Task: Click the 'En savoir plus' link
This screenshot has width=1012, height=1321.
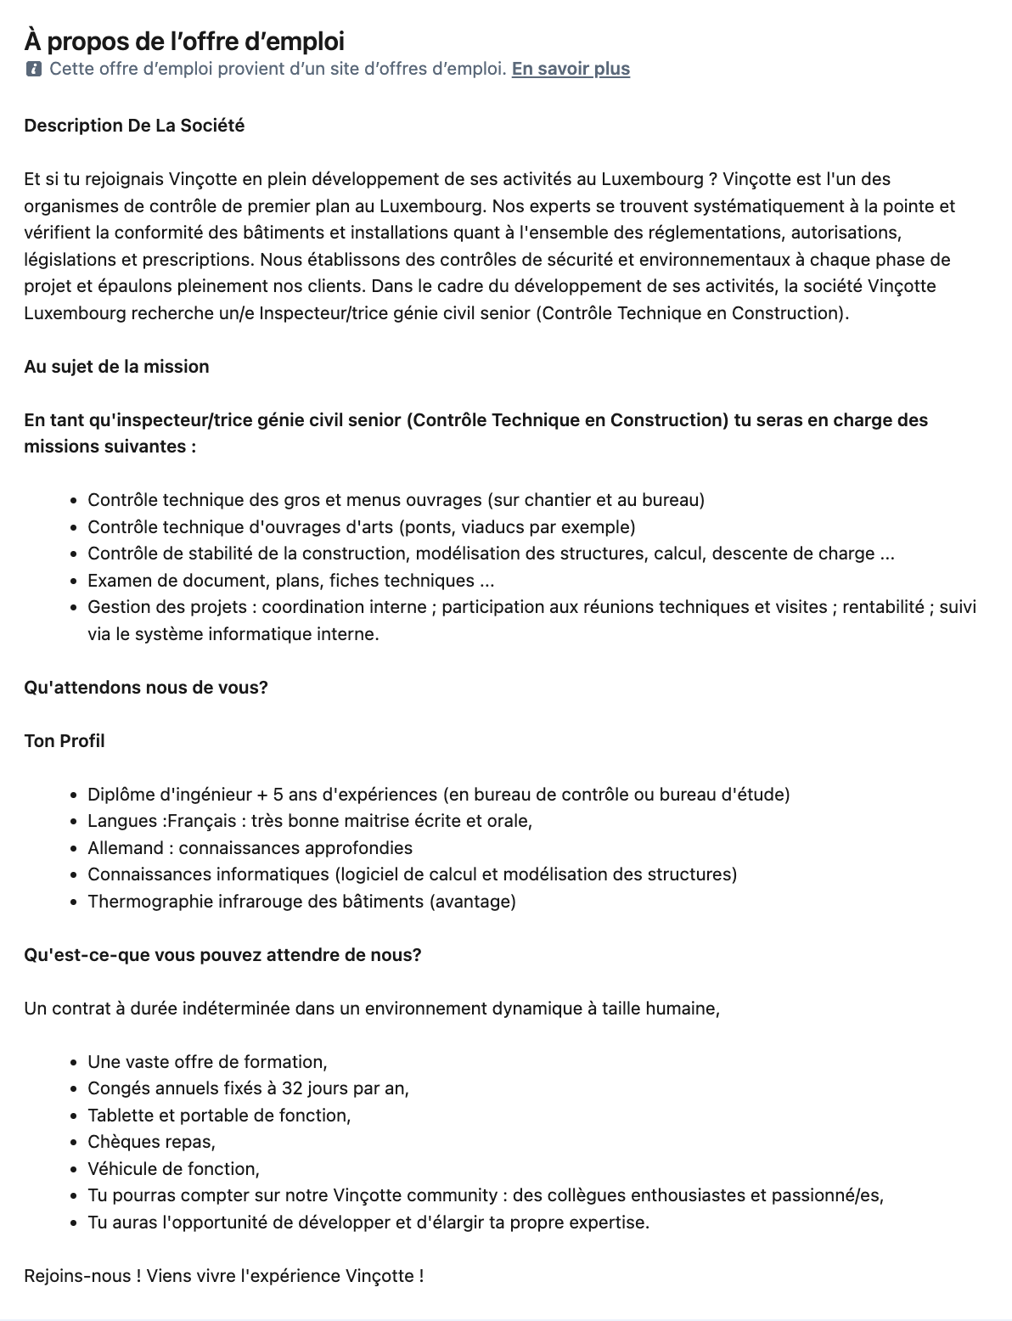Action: point(571,69)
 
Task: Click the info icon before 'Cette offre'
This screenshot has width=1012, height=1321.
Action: point(33,69)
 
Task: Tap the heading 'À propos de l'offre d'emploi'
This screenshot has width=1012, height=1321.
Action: point(184,41)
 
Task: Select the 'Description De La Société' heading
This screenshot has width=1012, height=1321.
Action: point(134,126)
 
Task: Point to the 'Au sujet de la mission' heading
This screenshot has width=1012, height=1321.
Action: point(116,367)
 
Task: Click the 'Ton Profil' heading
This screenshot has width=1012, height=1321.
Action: point(65,740)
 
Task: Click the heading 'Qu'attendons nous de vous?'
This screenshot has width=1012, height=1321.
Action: point(146,687)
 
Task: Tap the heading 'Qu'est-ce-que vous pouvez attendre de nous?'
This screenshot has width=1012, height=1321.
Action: point(222,954)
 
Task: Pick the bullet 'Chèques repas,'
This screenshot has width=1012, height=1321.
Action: point(151,1142)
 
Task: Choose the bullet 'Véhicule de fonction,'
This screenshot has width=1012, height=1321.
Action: point(173,1169)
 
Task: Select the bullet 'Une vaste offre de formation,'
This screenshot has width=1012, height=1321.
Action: point(207,1062)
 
